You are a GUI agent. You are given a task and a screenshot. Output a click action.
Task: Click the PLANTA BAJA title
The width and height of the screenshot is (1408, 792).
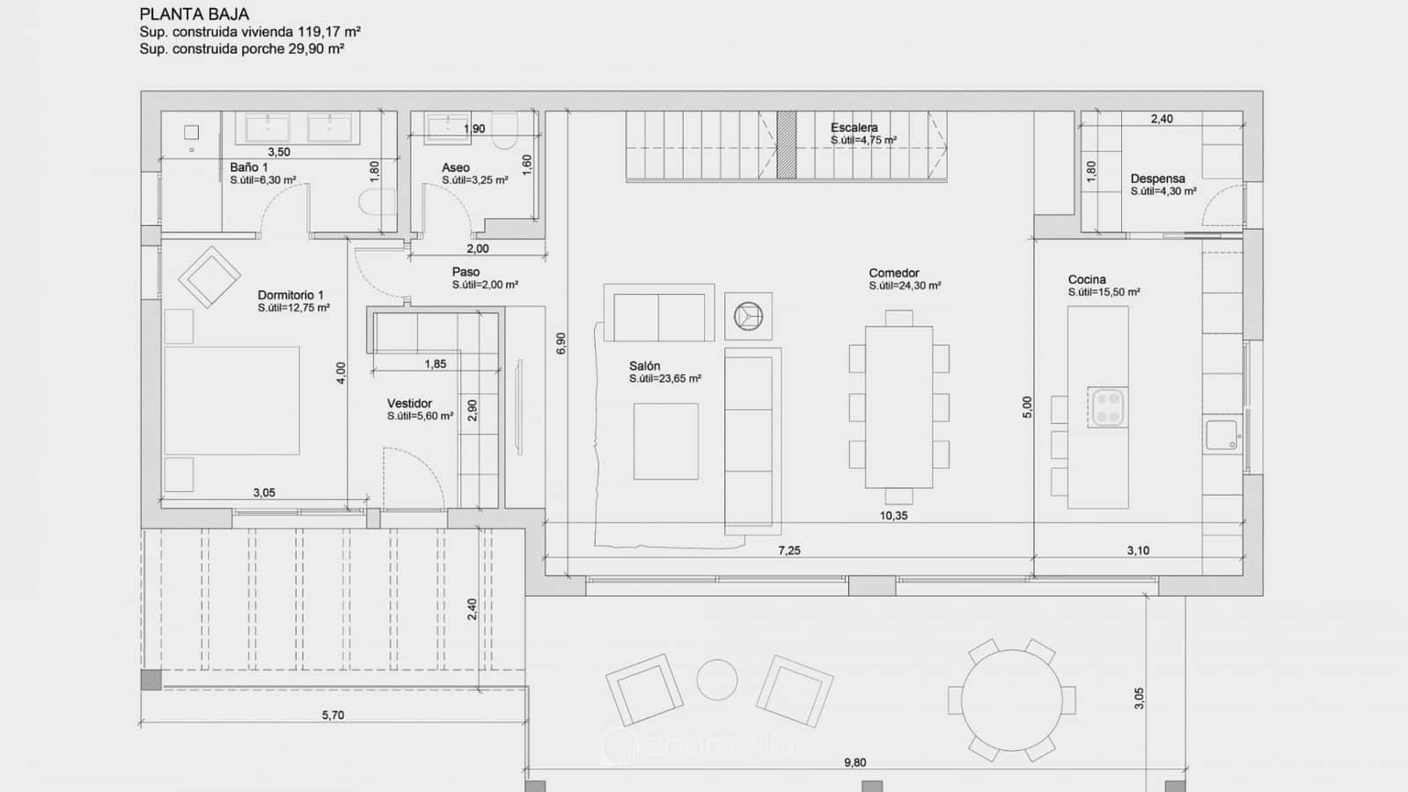click(194, 14)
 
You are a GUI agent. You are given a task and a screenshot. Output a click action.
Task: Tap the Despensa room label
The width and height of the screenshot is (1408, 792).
click(1157, 179)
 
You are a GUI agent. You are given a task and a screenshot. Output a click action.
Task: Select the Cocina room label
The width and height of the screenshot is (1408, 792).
click(1087, 279)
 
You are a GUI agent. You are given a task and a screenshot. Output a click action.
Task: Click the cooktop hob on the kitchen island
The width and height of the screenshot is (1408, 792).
click(1108, 407)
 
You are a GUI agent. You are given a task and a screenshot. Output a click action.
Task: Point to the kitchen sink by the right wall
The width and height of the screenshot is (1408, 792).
click(1221, 435)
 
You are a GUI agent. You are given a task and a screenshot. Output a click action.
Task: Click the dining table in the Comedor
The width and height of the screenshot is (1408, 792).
click(898, 407)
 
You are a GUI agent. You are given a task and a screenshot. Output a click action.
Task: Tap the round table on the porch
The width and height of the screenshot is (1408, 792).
click(1012, 700)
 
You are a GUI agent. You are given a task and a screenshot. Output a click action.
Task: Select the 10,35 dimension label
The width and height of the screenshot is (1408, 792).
click(893, 516)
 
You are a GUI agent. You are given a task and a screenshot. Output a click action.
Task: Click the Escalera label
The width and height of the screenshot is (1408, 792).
click(854, 128)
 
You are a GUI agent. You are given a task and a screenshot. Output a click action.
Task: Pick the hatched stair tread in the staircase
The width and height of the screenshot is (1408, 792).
click(787, 145)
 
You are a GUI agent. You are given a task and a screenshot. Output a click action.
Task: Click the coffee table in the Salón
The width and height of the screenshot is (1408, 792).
click(665, 441)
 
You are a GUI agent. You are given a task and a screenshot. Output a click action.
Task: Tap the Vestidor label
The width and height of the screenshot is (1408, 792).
click(409, 403)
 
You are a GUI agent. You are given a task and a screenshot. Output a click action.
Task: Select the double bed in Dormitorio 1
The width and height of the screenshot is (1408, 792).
click(232, 400)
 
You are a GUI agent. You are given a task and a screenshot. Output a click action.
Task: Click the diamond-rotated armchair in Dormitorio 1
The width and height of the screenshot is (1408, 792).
click(209, 277)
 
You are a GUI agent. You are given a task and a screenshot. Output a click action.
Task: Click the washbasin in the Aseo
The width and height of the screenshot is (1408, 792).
click(447, 128)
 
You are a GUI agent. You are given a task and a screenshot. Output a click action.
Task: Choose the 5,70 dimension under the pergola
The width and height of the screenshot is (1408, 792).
click(333, 715)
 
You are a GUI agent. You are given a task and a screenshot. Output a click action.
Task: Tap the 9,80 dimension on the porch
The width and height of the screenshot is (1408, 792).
click(854, 762)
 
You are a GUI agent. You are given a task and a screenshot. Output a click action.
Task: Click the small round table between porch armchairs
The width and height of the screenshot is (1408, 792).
click(717, 679)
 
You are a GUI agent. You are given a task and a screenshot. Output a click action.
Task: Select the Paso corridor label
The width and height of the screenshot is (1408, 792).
click(466, 272)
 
